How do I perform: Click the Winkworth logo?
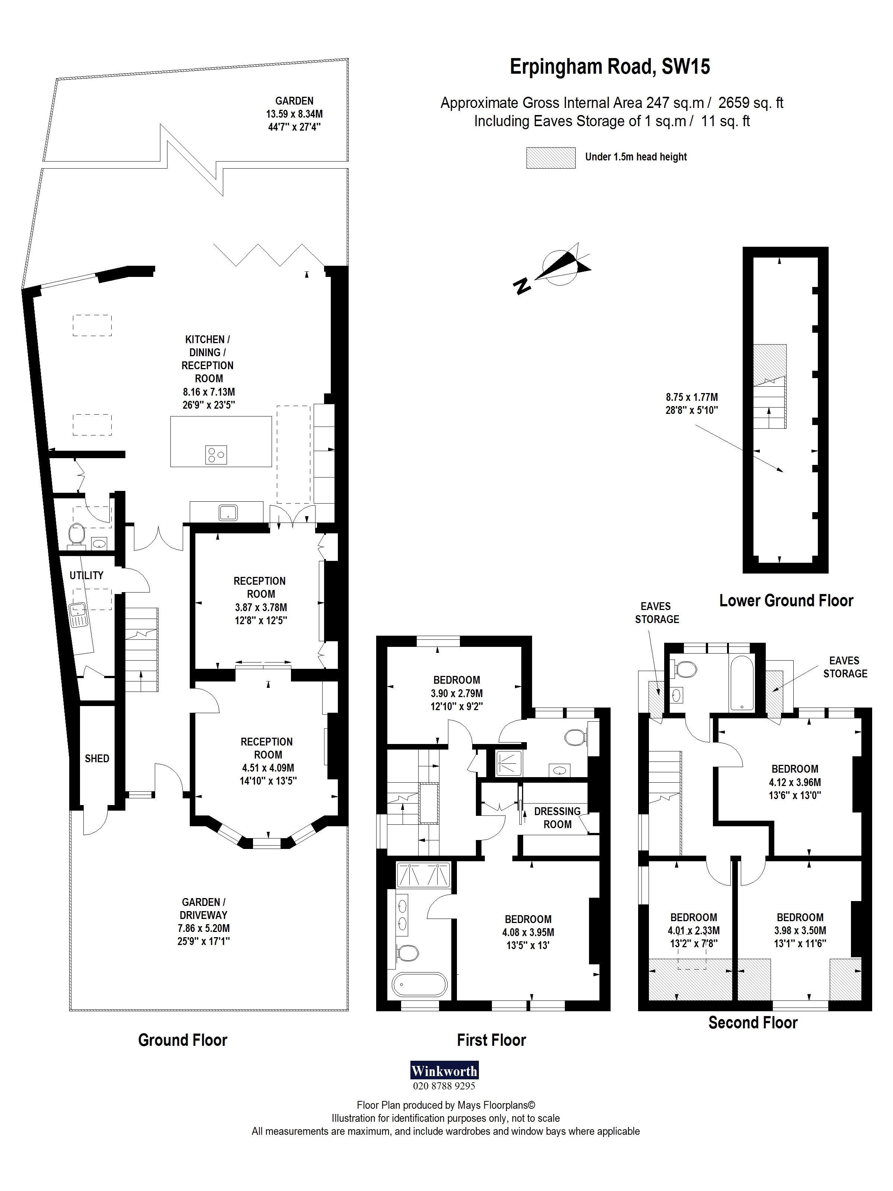pyautogui.click(x=444, y=1070)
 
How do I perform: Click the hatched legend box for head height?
pyautogui.click(x=550, y=158)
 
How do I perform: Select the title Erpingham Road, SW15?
pyautogui.click(x=609, y=67)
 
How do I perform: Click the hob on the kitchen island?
pyautogui.click(x=216, y=455)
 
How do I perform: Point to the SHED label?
pyautogui.click(x=97, y=759)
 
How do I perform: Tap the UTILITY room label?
pyautogui.click(x=86, y=575)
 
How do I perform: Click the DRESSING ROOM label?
pyautogui.click(x=557, y=817)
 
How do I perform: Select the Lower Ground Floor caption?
pyautogui.click(x=786, y=600)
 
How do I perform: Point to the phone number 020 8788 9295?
pyautogui.click(x=444, y=1086)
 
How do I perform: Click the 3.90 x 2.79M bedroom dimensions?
pyautogui.click(x=457, y=693)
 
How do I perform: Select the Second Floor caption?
pyautogui.click(x=752, y=1022)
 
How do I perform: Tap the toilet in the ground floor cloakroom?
pyautogui.click(x=76, y=534)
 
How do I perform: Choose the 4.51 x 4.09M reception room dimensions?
pyautogui.click(x=268, y=768)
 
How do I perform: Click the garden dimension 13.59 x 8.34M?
pyautogui.click(x=294, y=114)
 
